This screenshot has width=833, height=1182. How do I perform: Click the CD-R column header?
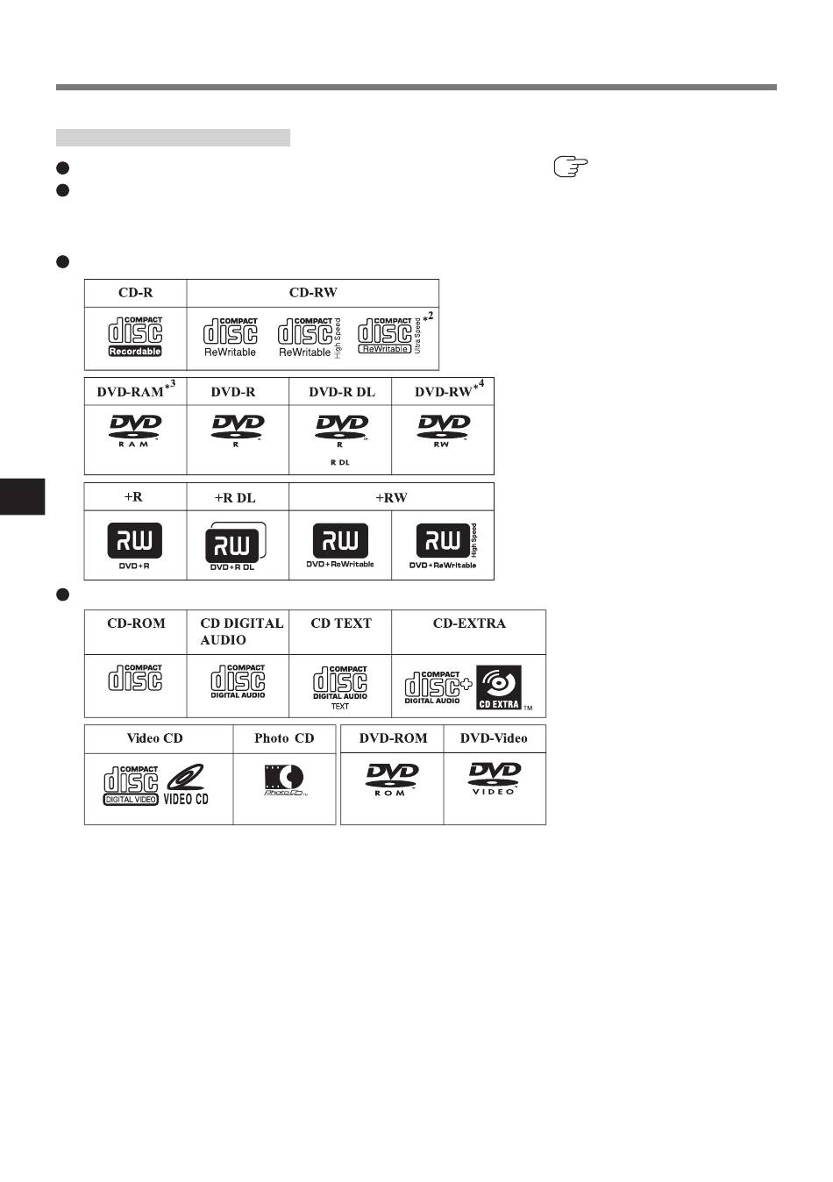point(136,293)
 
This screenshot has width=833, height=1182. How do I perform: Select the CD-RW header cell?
point(313,293)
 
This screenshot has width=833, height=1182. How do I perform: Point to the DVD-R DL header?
point(341,392)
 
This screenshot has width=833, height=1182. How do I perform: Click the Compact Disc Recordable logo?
point(135,337)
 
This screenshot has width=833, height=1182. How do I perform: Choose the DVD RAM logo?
point(135,431)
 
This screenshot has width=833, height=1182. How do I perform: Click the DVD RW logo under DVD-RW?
point(443,431)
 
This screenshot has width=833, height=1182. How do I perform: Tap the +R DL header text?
point(235,497)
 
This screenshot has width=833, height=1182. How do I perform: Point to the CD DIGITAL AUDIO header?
point(241,631)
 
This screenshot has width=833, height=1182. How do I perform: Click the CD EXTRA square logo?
point(499,687)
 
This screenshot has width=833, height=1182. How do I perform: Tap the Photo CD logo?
point(285,780)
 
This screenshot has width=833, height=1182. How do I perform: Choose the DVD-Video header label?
point(494,738)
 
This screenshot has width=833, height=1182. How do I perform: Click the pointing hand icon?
point(570,167)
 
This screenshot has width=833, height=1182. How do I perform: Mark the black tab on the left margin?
point(22,496)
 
